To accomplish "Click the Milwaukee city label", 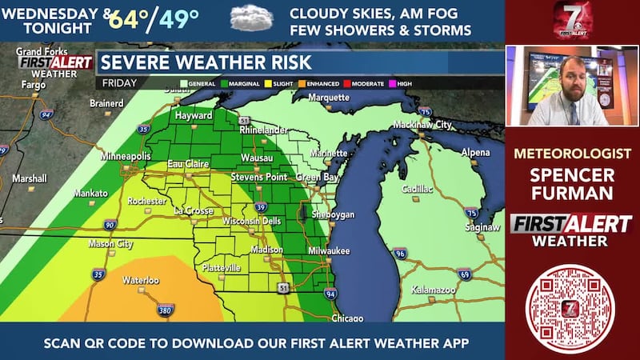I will point(330,250).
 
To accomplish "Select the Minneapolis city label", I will point(126,157).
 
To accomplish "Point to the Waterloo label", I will point(141,281).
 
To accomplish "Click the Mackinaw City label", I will point(422,126).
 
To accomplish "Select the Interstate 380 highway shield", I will point(164,309).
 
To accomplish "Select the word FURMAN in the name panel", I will point(572,194).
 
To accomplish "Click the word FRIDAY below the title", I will point(120,82).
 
